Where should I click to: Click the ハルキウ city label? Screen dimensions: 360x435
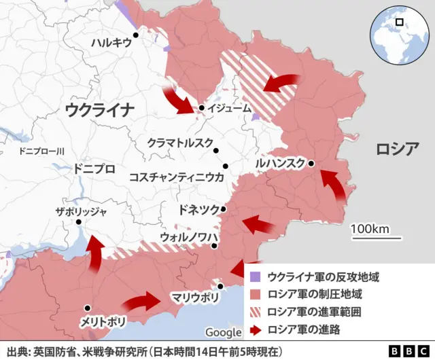[111, 43]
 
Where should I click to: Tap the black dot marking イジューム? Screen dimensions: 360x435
[202, 108]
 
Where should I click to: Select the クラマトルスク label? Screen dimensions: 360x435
[179, 143]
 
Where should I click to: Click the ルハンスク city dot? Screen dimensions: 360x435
[311, 163]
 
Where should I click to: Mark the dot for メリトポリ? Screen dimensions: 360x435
[87, 308]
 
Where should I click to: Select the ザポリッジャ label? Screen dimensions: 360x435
[81, 211]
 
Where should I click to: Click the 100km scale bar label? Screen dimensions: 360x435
[370, 228]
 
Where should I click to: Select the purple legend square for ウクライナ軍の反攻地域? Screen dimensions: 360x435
[255, 277]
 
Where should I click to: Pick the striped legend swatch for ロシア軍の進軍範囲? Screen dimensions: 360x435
[255, 312]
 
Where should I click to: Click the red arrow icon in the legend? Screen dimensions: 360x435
[255, 330]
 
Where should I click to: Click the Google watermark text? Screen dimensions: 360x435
[223, 332]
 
